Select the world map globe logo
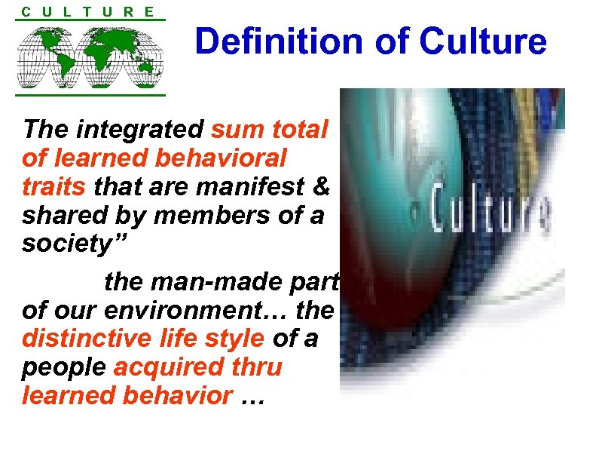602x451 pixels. pyautogui.click(x=90, y=57)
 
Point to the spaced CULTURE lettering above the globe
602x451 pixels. pyautogui.click(x=89, y=11)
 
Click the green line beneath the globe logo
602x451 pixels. pyautogui.click(x=90, y=95)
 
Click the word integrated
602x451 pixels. pyautogui.click(x=139, y=130)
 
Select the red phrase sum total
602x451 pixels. pyautogui.click(x=269, y=130)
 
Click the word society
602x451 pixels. pyautogui.click(x=64, y=244)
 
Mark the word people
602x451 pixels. pyautogui.click(x=64, y=367)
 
